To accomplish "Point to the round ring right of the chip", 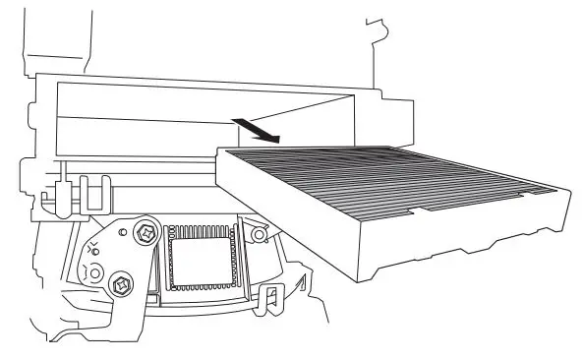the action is tap(260, 236).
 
